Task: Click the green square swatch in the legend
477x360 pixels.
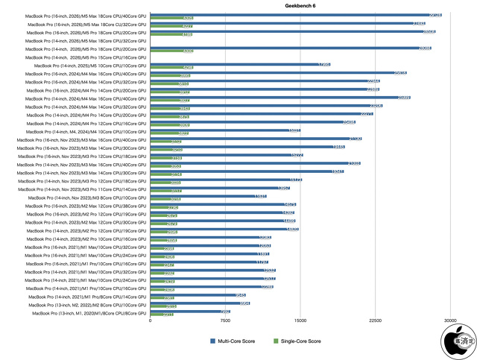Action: pyautogui.click(x=275, y=341)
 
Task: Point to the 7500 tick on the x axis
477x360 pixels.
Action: pyautogui.click(x=225, y=320)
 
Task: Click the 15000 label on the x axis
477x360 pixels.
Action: pyautogui.click(x=300, y=320)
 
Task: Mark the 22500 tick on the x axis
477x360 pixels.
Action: pyautogui.click(x=375, y=320)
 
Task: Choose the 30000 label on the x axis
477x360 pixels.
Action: pyautogui.click(x=449, y=320)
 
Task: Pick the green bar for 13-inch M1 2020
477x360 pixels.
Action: pyautogui.click(x=162, y=315)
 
